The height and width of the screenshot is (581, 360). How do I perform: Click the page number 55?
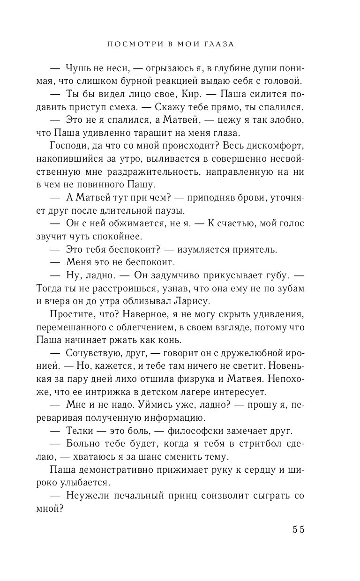(299, 530)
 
